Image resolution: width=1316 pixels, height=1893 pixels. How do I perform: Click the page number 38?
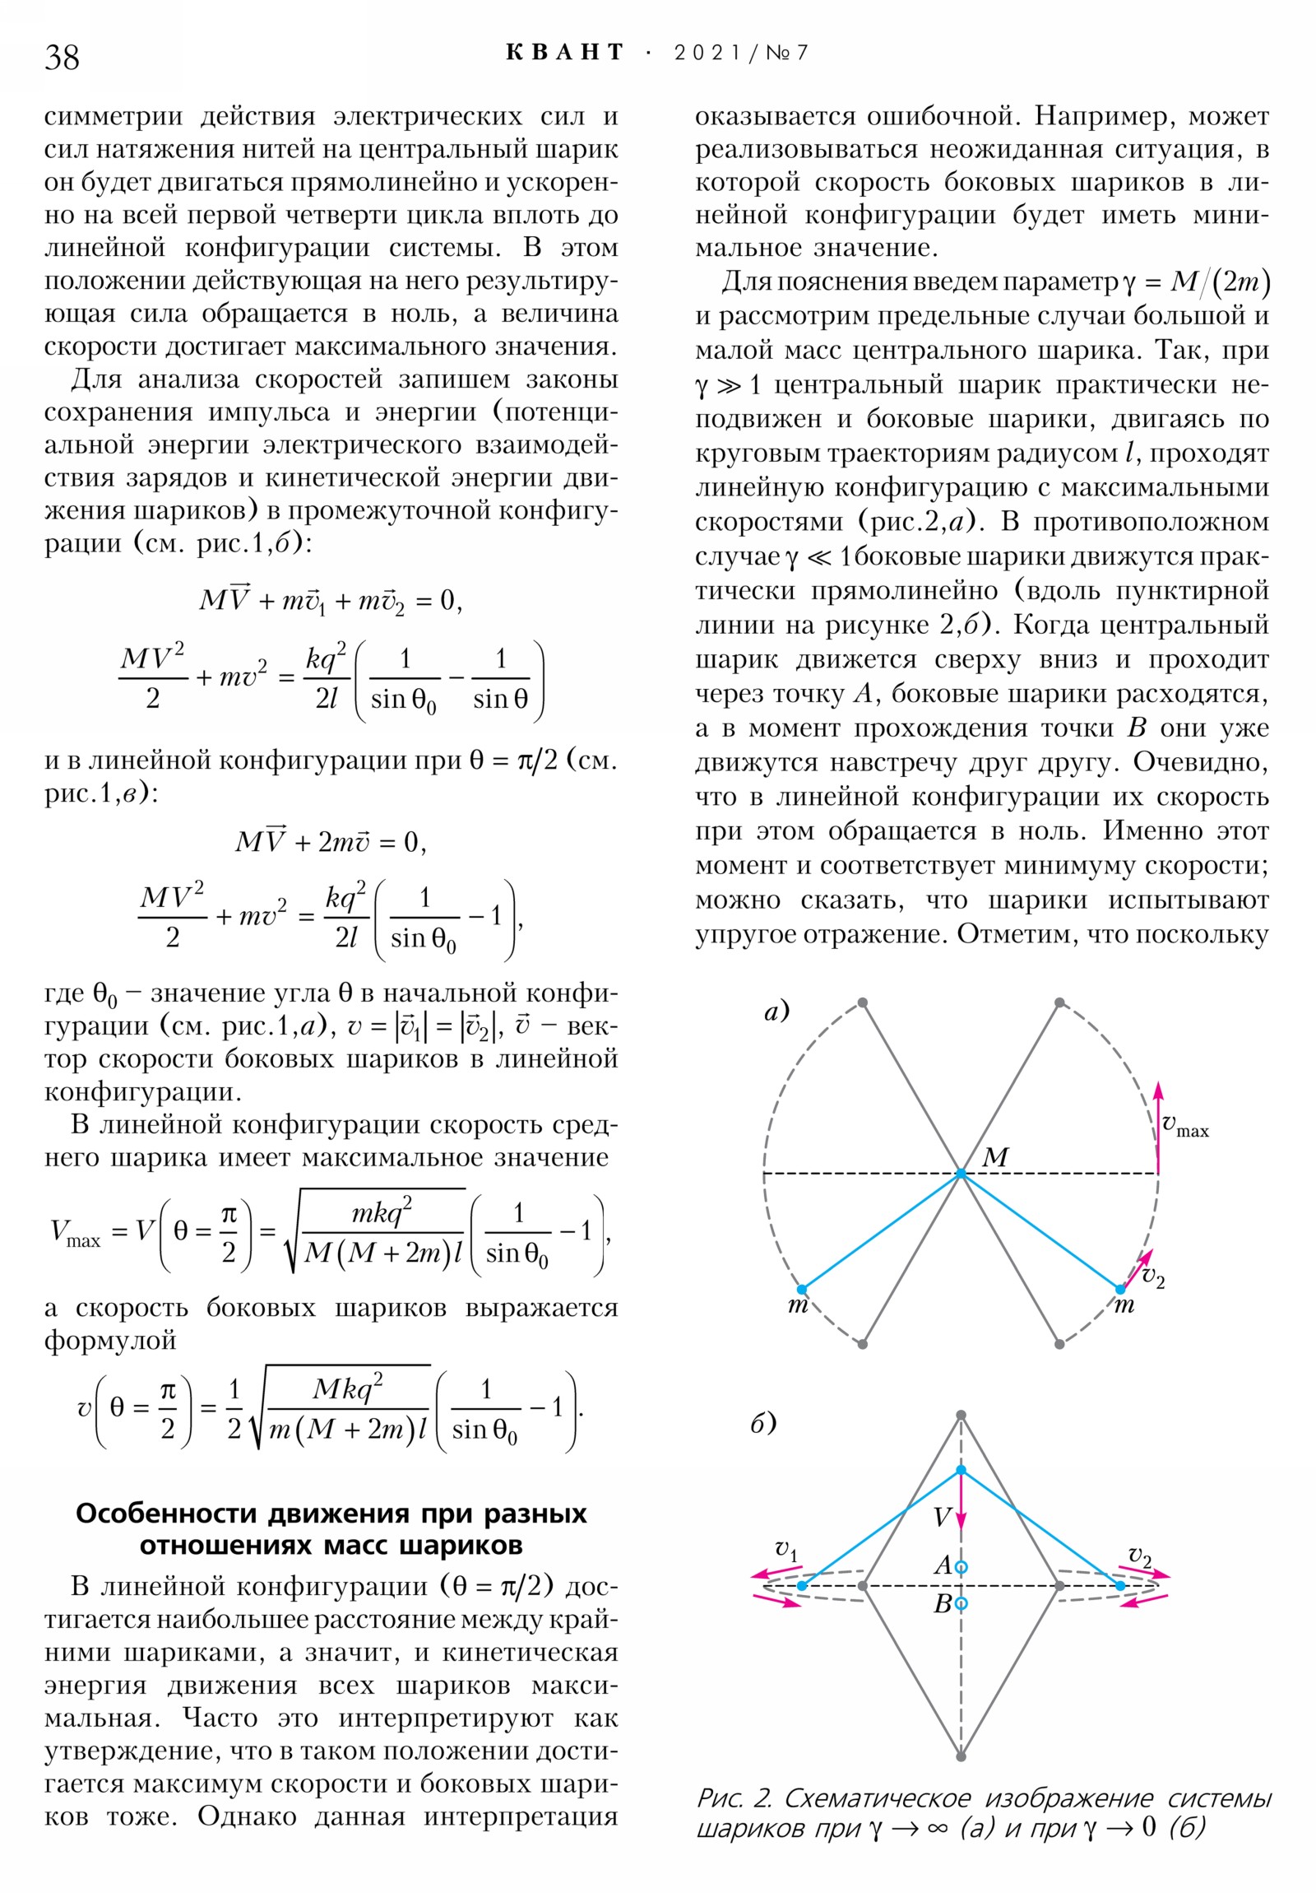(x=62, y=57)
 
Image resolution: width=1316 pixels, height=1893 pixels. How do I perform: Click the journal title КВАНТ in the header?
(x=565, y=53)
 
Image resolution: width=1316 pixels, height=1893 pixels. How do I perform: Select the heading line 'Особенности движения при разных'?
(x=331, y=1514)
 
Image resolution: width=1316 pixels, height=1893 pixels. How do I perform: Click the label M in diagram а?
(x=994, y=1156)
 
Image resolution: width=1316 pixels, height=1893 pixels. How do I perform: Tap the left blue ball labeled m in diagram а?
(x=802, y=1289)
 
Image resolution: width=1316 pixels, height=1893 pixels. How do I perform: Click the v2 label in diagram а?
(x=1153, y=1279)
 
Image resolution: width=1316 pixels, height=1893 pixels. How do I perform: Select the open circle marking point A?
(x=961, y=1566)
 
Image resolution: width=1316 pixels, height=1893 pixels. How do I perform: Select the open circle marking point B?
(x=961, y=1603)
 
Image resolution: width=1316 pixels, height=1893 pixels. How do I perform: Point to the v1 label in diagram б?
(x=786, y=1550)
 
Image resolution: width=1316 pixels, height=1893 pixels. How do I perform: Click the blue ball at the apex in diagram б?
(x=961, y=1470)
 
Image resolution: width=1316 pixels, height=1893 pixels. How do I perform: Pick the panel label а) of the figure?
(x=776, y=1010)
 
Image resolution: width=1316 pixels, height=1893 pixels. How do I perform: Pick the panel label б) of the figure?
(x=762, y=1423)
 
